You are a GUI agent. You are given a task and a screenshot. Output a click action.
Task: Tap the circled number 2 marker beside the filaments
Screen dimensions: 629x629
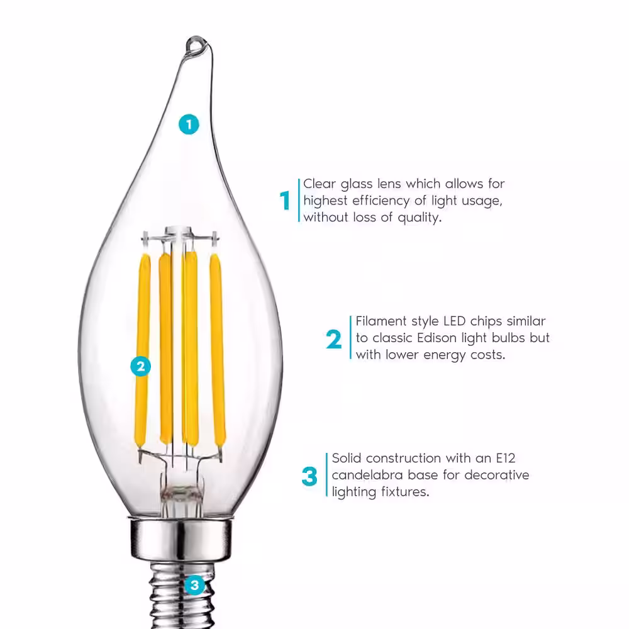[x=141, y=365]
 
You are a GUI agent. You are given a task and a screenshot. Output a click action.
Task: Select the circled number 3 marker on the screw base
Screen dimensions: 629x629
[x=195, y=586]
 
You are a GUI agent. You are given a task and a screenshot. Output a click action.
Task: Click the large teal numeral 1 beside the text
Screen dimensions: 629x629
[x=285, y=201]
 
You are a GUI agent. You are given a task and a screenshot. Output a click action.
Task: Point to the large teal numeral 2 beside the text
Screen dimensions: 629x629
[x=334, y=339]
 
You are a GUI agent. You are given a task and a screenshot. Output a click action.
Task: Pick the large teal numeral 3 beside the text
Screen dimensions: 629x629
[x=309, y=476]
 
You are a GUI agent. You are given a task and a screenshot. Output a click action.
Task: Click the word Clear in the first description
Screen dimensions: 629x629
[x=320, y=184]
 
